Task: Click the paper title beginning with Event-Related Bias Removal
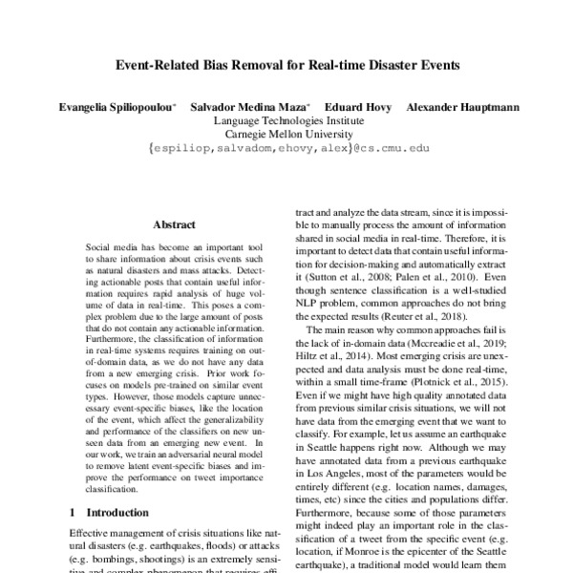pyautogui.click(x=286, y=68)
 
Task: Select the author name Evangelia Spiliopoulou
pyautogui.click(x=118, y=107)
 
